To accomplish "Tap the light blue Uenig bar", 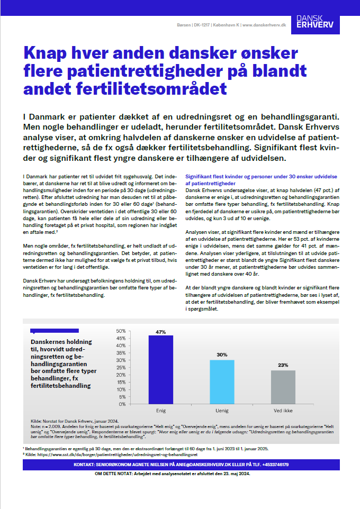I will click(222, 381).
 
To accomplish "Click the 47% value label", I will click(161, 332).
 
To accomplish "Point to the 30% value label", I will click(222, 355).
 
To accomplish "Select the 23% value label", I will click(283, 365).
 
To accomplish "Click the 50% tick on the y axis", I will click(120, 331).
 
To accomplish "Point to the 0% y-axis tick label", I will click(122, 404).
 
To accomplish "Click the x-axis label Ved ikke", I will click(283, 410).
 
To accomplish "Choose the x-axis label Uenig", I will click(222, 410).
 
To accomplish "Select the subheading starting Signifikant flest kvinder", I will click(262, 179).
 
